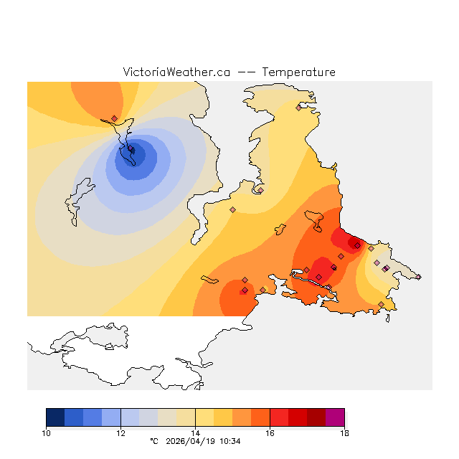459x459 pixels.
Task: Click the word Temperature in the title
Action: [x=298, y=72]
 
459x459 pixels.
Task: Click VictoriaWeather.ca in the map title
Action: [x=176, y=72]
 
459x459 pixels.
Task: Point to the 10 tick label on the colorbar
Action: [x=47, y=432]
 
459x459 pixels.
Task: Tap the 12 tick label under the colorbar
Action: [x=120, y=432]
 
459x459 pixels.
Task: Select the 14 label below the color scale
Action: [x=195, y=432]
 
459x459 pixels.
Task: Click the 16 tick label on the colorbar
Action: [x=270, y=432]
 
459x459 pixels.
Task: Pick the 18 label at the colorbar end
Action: [x=344, y=432]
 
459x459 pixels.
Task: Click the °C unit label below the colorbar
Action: [x=153, y=441]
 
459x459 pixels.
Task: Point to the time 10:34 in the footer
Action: [x=229, y=441]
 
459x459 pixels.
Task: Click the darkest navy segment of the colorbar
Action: [x=55, y=417]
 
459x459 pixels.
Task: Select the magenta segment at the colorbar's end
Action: [x=335, y=417]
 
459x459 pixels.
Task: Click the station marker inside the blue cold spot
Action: [x=132, y=150]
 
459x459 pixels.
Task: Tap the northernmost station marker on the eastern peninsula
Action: [x=299, y=108]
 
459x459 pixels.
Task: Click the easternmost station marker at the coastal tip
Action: [x=418, y=277]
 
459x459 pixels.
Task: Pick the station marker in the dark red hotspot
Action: [x=357, y=245]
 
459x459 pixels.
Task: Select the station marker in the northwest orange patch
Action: [x=115, y=118]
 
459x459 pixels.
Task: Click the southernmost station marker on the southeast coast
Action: [x=381, y=305]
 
